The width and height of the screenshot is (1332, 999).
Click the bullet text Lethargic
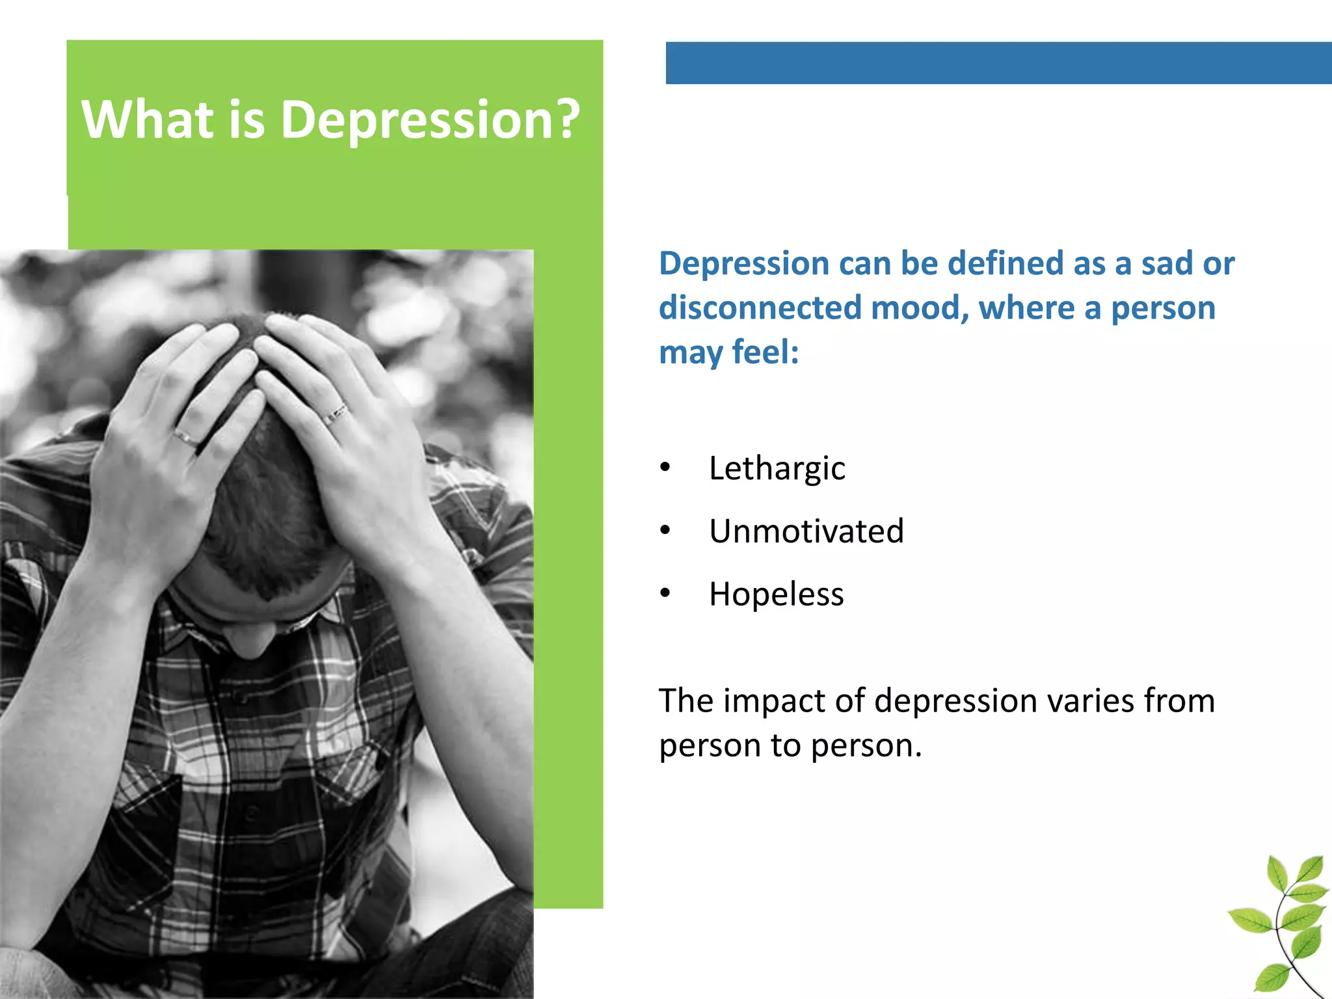[x=777, y=468]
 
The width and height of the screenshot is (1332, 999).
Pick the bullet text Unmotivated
[x=806, y=531]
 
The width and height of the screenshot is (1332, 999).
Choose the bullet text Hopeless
[x=776, y=594]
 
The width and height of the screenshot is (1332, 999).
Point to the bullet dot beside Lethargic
[x=665, y=468]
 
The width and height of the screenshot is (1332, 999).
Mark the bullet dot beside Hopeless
[x=665, y=593]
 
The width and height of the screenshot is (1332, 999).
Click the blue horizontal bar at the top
[x=998, y=63]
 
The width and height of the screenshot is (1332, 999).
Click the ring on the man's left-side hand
[x=186, y=438]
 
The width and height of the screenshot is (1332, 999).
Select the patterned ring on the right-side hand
[x=335, y=414]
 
